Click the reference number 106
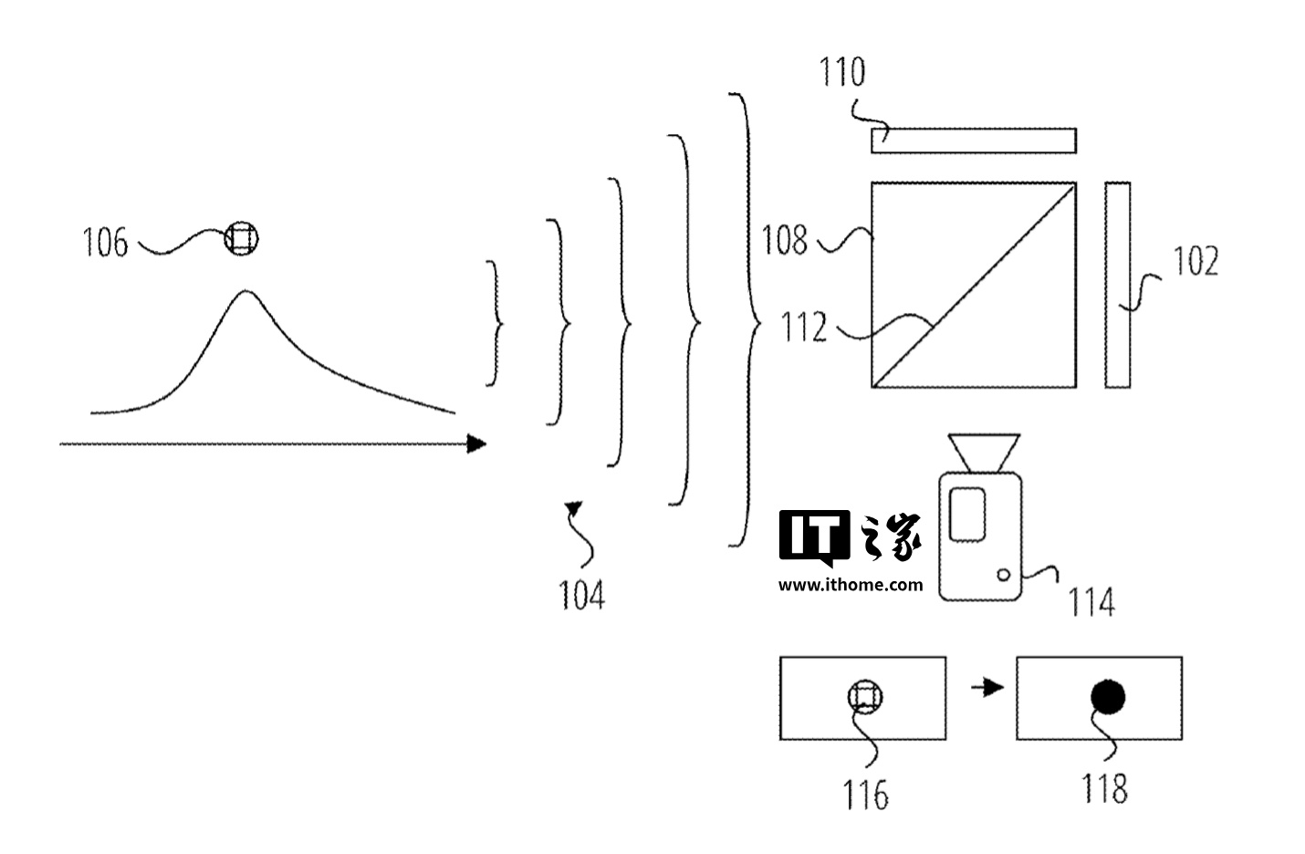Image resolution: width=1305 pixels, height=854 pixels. coord(106,244)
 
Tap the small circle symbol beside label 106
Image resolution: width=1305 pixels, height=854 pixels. coord(242,239)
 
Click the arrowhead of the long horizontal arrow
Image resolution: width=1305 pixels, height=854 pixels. coord(475,444)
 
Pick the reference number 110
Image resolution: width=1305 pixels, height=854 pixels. coord(841,73)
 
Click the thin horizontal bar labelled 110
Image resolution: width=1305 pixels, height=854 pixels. coord(974,141)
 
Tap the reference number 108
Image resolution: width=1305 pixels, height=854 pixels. coord(786,240)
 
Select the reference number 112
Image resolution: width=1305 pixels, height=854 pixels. coord(804,327)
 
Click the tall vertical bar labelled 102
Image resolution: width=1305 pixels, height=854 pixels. coord(1118,285)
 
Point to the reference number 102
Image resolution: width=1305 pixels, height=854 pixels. coord(1195,263)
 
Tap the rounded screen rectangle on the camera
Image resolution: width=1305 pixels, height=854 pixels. coord(966,513)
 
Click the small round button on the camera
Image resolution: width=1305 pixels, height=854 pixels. coord(1004,575)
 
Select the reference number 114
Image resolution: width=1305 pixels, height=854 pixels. coord(1092,602)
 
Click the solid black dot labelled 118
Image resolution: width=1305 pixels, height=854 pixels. coord(1108,697)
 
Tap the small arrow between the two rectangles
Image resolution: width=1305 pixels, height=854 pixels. coord(986,687)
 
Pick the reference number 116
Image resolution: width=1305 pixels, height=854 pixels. coord(866,795)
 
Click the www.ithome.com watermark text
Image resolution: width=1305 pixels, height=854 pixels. coord(851,585)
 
